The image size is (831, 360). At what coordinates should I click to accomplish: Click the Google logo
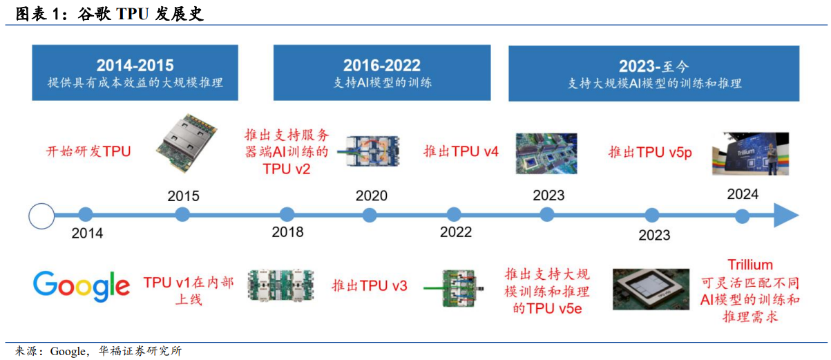point(82,286)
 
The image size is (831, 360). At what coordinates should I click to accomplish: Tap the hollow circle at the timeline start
point(41,216)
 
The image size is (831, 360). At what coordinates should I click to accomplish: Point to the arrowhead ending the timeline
point(785,216)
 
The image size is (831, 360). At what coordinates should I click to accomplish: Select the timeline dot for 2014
point(86,215)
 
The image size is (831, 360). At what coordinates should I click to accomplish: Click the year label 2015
point(183,196)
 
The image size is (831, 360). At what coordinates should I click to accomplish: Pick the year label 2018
point(287,232)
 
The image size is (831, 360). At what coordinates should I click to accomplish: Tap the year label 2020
point(372,196)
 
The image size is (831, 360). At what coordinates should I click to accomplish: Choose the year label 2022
point(456,232)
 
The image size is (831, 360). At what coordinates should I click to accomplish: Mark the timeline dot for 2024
point(742,216)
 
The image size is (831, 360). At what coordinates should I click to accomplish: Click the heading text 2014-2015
point(135,66)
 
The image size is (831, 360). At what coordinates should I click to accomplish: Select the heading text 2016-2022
point(382,66)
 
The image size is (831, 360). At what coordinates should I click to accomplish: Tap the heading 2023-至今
point(653,66)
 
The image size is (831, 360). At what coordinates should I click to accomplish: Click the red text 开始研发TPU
point(88,152)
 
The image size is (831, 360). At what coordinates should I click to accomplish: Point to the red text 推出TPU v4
point(461,152)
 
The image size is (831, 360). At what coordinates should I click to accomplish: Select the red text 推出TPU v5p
point(649,152)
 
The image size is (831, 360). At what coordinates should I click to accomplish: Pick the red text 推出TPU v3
point(370,286)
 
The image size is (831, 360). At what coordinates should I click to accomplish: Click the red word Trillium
point(750,265)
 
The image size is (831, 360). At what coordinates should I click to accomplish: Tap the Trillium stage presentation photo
point(749,153)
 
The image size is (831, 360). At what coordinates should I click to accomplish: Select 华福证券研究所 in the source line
point(141,351)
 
